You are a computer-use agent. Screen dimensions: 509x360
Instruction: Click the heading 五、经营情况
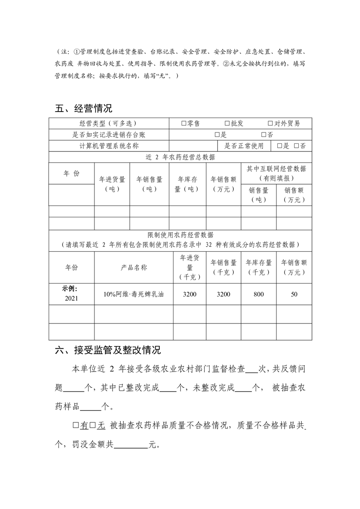[83, 108]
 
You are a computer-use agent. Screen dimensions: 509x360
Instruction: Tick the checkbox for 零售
[183, 123]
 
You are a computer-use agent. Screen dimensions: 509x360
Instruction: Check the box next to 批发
[227, 123]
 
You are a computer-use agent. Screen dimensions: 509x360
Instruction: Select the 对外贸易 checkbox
[270, 123]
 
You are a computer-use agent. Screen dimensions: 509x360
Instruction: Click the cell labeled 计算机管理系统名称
[109, 146]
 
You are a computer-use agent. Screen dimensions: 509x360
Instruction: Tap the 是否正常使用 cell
[244, 146]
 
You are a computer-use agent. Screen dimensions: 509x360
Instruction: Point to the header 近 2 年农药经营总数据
[180, 157]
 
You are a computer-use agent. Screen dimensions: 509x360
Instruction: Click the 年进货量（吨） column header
[112, 184]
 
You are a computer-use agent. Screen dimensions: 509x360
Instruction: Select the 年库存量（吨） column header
[187, 184]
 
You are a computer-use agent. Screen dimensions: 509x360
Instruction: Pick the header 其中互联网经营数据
[276, 169]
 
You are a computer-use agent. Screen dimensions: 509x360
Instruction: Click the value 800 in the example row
[258, 294]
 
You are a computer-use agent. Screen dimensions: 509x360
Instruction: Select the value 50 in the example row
[294, 294]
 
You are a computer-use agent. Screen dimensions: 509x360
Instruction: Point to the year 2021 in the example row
[71, 298]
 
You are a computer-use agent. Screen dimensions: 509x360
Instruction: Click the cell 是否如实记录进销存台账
[109, 135]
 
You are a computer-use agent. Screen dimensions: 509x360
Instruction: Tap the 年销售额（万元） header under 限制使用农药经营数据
[294, 267]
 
